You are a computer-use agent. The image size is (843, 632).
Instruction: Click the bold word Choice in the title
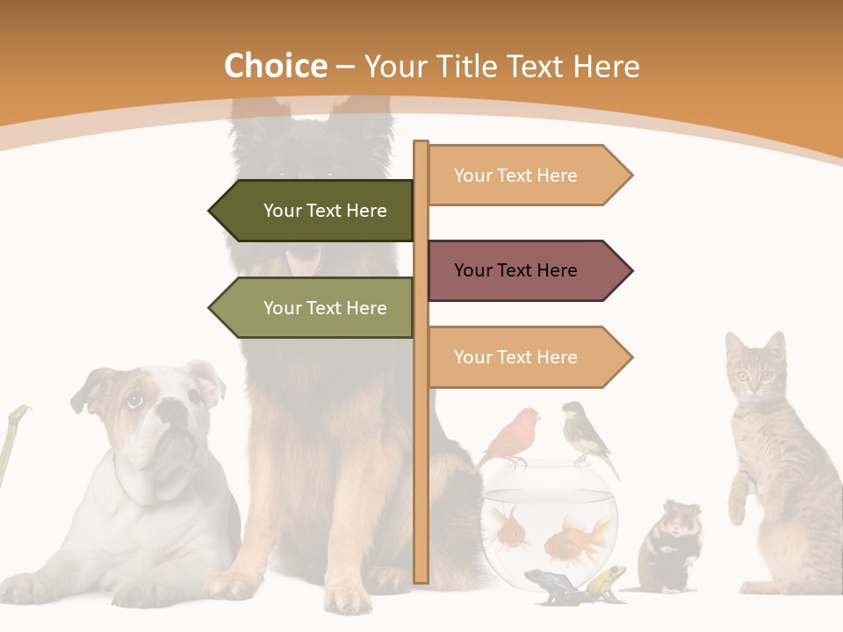[275, 66]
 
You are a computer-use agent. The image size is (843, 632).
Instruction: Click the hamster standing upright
[669, 544]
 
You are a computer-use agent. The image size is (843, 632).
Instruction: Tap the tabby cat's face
[753, 373]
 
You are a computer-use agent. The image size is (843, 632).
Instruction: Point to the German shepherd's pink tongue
[303, 262]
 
